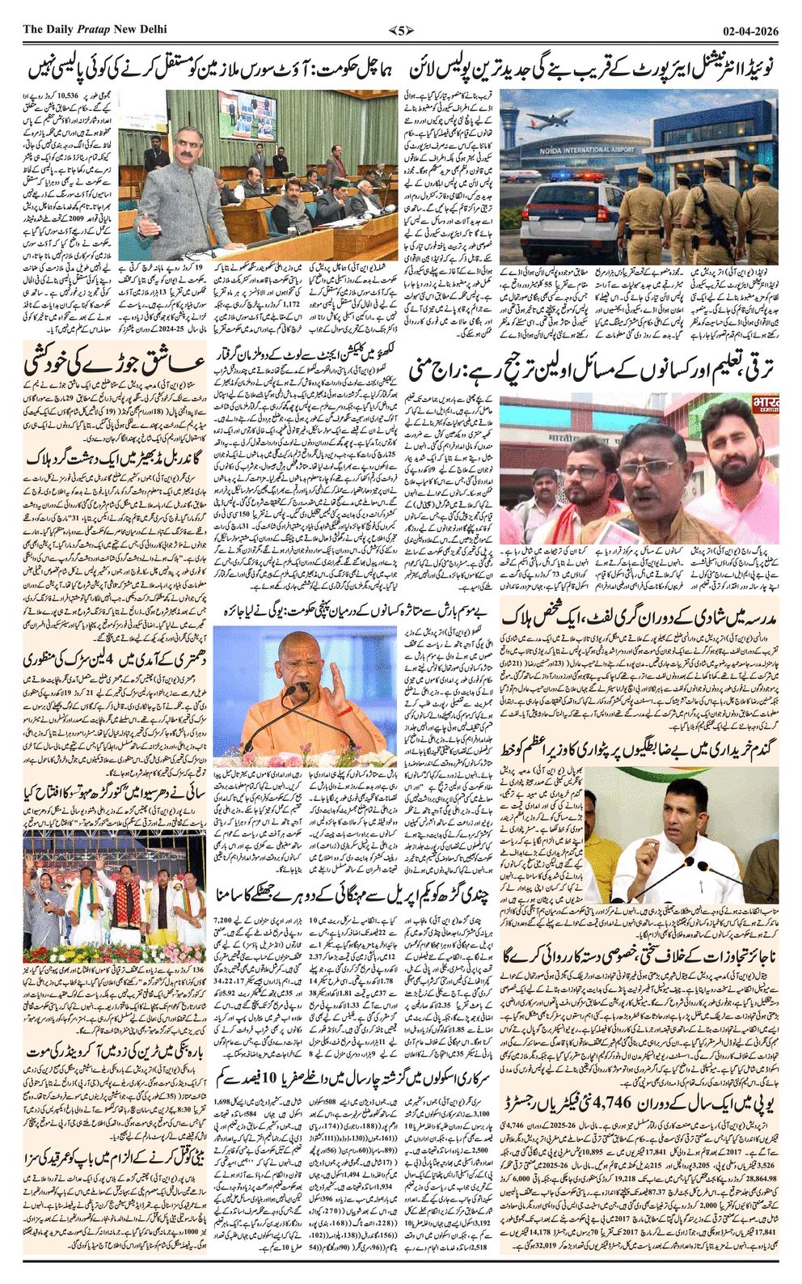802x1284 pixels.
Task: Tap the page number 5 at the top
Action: (x=400, y=30)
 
